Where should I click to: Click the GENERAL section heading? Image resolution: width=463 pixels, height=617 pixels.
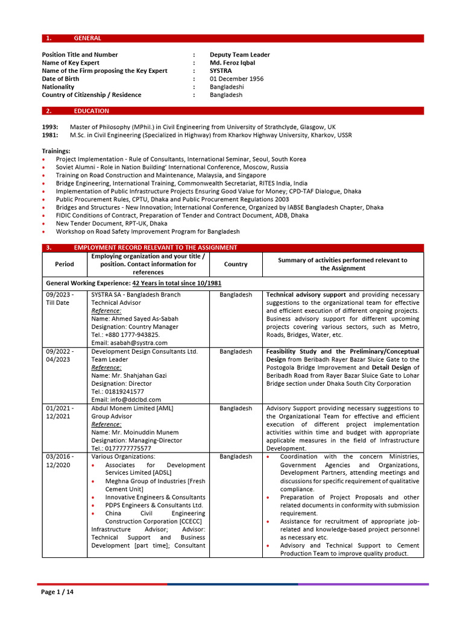click(87, 38)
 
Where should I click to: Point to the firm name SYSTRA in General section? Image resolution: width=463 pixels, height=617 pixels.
click(221, 70)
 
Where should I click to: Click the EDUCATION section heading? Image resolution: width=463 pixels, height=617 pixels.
click(91, 111)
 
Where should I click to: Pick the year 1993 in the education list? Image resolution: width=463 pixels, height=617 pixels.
click(50, 127)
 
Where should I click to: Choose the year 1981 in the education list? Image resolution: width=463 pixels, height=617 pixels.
click(50, 135)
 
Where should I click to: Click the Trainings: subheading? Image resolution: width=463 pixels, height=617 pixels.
click(56, 151)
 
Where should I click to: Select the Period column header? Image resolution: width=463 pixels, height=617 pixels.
click(65, 264)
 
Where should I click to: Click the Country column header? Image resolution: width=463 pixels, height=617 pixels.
click(235, 264)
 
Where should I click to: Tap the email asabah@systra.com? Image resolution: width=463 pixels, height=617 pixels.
click(129, 342)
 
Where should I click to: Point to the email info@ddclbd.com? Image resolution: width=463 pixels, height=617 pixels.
click(126, 399)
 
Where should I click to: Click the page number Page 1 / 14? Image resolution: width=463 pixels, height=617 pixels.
click(57, 592)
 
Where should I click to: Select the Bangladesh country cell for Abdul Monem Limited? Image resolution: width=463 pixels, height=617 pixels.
click(235, 409)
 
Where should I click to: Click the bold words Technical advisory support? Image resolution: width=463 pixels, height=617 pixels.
click(306, 295)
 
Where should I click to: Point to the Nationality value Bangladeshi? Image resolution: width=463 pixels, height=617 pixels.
click(227, 87)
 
